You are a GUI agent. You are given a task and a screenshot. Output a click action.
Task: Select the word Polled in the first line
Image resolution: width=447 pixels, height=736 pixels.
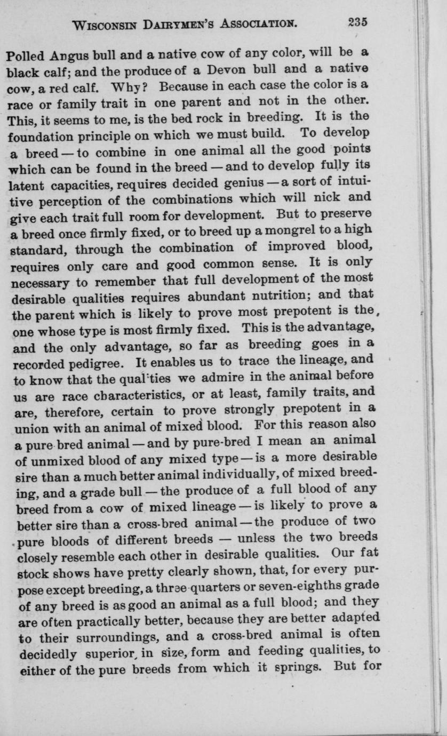coord(26,55)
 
